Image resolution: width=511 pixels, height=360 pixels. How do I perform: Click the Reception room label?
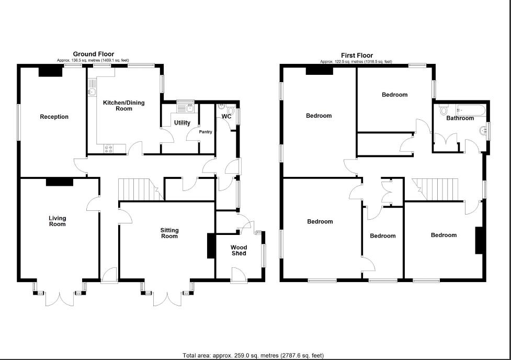point(54,117)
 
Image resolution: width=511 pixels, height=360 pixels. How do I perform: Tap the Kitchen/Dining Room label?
point(123,106)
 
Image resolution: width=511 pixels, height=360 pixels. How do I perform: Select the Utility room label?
point(182,123)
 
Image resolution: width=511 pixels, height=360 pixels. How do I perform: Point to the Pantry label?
point(206,132)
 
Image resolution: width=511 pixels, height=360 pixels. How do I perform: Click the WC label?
point(226,116)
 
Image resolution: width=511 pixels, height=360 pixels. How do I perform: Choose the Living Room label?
point(58,221)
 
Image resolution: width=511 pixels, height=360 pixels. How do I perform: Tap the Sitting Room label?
point(169,233)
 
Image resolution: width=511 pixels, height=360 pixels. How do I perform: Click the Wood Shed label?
point(239,250)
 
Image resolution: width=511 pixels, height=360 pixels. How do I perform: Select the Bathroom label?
point(460,118)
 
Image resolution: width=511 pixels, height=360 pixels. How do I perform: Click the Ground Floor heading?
point(93,54)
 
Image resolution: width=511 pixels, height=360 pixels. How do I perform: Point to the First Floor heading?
point(357,55)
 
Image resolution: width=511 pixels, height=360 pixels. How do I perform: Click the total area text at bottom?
point(253,355)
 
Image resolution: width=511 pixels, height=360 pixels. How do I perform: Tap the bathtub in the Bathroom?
point(471,110)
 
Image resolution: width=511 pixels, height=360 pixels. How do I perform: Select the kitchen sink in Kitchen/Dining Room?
point(92,92)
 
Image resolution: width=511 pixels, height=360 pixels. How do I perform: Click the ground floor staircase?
point(137,189)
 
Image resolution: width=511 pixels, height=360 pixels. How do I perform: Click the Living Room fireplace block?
point(60,182)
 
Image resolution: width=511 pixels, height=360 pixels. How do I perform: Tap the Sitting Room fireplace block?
point(211,245)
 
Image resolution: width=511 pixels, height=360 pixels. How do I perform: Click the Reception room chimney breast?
point(51,72)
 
